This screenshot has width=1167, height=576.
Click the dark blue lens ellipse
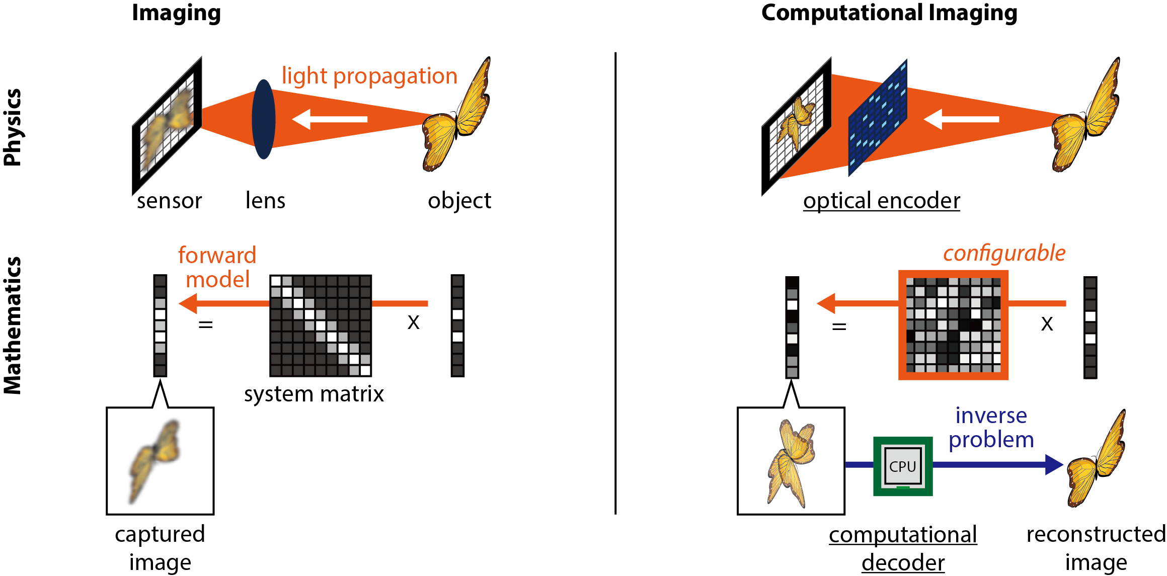pos(263,119)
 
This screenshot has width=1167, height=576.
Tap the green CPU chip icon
pos(902,466)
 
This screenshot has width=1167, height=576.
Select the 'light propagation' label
pos(369,76)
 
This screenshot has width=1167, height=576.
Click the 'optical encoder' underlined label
pos(881,201)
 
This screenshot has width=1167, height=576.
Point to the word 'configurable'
pos(1004,253)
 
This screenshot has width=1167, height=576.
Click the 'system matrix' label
pos(314,394)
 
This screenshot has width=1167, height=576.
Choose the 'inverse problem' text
pos(991,428)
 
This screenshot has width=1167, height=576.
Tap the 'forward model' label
pos(217,267)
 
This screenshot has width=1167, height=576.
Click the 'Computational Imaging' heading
pos(889,13)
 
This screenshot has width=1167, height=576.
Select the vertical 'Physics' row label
pos(13,127)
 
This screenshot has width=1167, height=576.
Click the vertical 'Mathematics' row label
pos(13,325)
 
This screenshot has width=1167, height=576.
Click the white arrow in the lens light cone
pos(330,119)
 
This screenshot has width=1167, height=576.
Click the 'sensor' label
pos(169,201)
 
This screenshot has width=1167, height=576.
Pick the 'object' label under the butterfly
pos(459,201)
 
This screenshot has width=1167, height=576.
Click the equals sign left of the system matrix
pos(205,325)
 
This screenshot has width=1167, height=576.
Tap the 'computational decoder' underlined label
pos(903,548)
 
